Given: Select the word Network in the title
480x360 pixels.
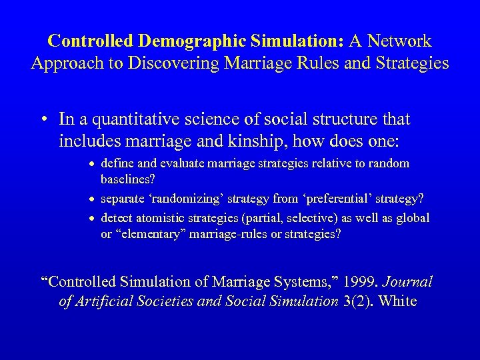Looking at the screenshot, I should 401,41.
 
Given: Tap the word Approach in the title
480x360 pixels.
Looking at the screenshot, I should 62,65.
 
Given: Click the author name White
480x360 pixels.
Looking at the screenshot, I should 397,301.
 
